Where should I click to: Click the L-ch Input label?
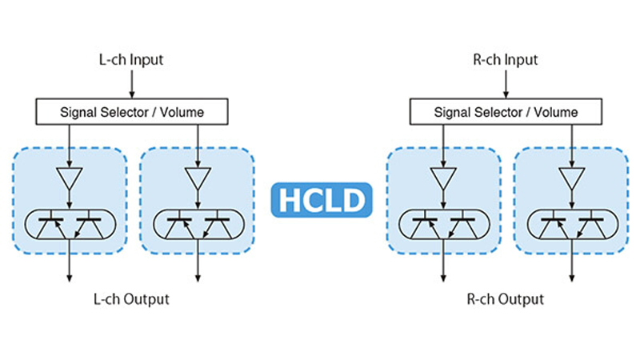coord(132,59)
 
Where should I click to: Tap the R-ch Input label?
coord(506,59)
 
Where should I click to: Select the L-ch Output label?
coord(131,299)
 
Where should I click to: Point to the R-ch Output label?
coord(505,299)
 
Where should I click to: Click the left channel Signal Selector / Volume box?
coord(132,112)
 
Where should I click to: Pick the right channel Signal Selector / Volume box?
coord(506,112)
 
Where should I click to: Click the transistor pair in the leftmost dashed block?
coord(70,224)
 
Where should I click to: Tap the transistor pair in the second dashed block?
coord(196,224)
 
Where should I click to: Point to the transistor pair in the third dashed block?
coord(442,224)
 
